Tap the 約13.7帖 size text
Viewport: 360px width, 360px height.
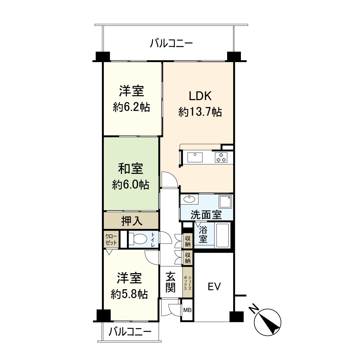point(200,112)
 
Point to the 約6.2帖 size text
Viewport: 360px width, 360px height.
point(131,107)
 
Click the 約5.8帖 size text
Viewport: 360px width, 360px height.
point(129,294)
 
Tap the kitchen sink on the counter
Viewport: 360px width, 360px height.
point(195,157)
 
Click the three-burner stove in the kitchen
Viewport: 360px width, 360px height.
point(221,157)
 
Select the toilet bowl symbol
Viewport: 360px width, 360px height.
point(136,239)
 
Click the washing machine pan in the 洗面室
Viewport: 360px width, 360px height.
point(225,202)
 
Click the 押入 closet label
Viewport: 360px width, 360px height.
point(131,221)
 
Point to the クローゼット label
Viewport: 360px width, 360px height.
point(111,239)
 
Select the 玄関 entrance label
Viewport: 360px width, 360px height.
point(171,282)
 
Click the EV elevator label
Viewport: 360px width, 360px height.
point(214,286)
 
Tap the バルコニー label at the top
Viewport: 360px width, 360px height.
point(171,44)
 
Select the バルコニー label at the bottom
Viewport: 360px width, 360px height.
point(130,332)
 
